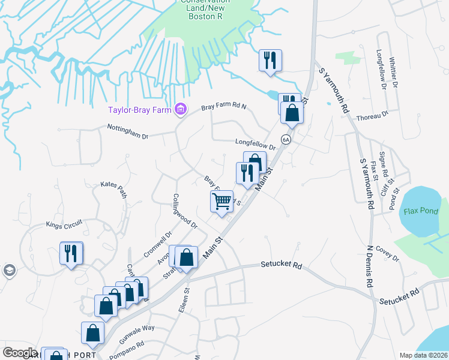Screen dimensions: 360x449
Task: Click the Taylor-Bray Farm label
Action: (139, 110)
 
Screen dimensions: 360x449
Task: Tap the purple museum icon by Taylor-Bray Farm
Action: (179, 109)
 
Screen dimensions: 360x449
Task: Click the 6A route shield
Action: (286, 140)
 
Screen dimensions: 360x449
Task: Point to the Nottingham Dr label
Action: (127, 130)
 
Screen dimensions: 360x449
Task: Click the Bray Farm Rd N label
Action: (224, 107)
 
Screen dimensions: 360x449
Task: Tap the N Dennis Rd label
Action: (370, 263)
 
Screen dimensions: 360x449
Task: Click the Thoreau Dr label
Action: (373, 115)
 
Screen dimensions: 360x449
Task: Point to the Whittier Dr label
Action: (394, 73)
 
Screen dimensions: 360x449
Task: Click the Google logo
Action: (20, 353)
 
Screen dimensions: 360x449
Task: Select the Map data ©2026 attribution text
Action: (424, 355)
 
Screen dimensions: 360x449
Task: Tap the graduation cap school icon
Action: (8, 271)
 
